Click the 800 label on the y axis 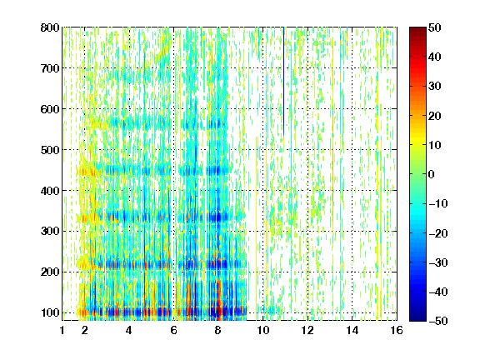[x=50, y=27]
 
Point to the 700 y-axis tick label [x=50, y=68]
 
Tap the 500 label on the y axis [x=50, y=150]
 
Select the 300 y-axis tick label [x=50, y=232]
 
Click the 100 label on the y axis [x=50, y=312]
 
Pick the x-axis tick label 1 [x=62, y=330]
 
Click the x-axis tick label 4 [x=129, y=330]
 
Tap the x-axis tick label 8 [x=217, y=330]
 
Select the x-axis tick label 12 [x=307, y=330]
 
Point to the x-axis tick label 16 [x=397, y=330]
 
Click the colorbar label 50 [x=435, y=27]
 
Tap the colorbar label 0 [x=432, y=174]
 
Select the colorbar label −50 [x=438, y=321]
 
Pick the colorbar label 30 [x=435, y=87]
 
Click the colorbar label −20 [x=438, y=233]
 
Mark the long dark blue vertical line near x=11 [x=284, y=82]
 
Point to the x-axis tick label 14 [x=352, y=330]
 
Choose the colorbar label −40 [x=438, y=292]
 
